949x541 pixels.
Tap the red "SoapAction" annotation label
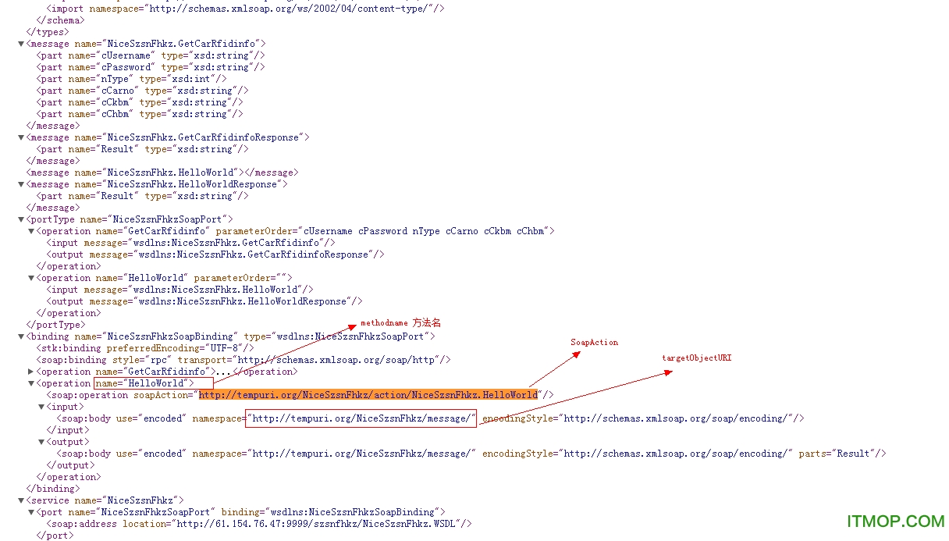coord(594,343)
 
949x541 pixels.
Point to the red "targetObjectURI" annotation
coord(697,358)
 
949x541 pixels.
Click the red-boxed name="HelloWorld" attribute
coord(153,383)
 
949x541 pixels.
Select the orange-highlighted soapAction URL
coord(368,395)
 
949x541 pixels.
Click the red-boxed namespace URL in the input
coord(361,418)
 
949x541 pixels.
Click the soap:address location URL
coord(323,524)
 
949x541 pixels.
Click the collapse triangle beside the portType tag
coord(21,219)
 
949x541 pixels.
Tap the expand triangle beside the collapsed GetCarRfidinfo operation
coord(30,372)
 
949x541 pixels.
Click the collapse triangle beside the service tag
coord(21,500)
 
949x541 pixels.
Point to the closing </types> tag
coord(47,32)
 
